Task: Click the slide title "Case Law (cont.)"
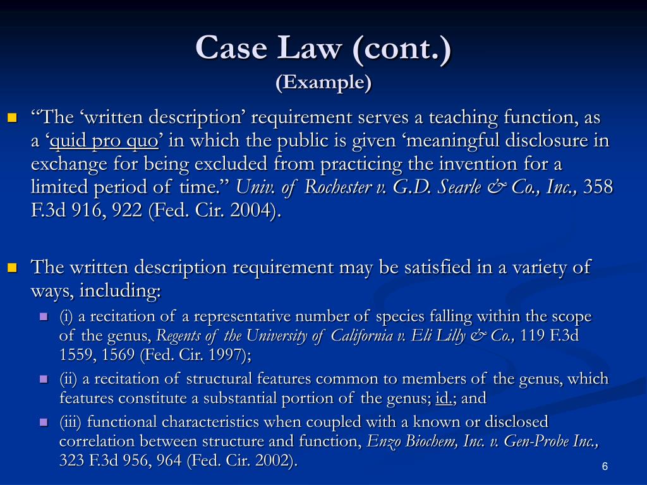tap(323, 48)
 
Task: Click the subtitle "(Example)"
tap(323, 83)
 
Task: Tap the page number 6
tap(605, 467)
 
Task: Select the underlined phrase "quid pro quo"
tap(104, 141)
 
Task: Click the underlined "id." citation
tap(446, 398)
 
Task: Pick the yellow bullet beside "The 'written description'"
tap(12, 117)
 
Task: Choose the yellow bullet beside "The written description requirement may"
tap(12, 267)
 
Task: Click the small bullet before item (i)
tap(44, 316)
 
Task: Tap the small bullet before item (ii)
tap(44, 379)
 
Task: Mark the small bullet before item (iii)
tap(44, 421)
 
